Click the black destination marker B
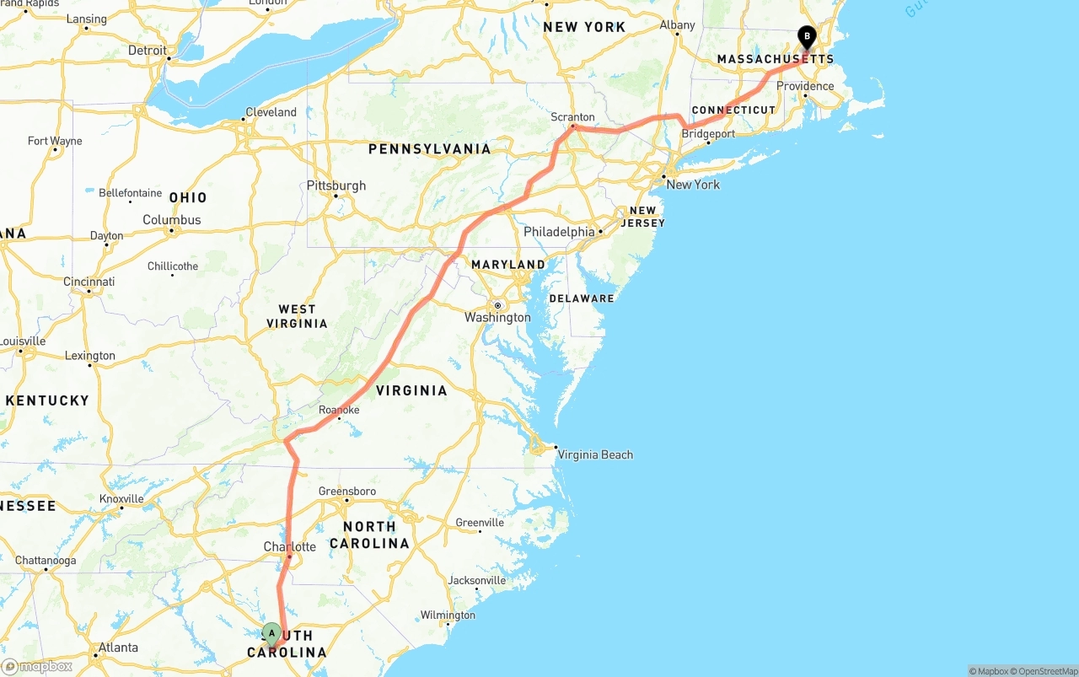(807, 36)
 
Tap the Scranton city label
(572, 117)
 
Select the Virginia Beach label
(595, 454)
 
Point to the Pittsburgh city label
(336, 185)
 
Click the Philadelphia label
(559, 231)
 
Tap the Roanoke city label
(339, 410)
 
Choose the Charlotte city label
(290, 546)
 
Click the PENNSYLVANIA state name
(429, 149)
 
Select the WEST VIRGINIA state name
(297, 316)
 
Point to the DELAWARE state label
(582, 298)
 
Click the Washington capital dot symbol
(498, 305)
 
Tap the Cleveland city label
(271, 112)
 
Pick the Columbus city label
(172, 220)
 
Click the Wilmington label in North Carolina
(448, 615)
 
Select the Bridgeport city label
(708, 134)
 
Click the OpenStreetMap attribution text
(1046, 671)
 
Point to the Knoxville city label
(121, 498)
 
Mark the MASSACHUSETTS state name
(775, 59)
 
